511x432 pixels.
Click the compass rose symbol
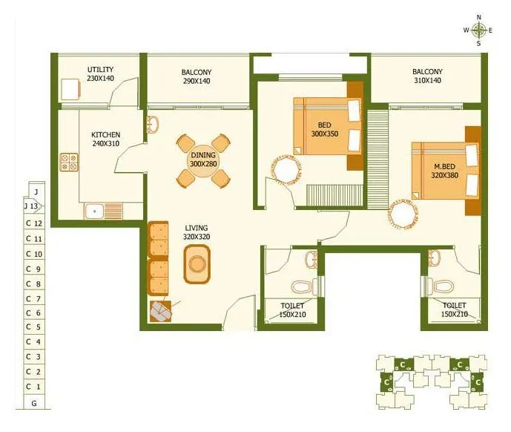pos(479,30)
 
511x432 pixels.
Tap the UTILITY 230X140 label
pos(100,73)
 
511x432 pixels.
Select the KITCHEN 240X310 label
pos(105,139)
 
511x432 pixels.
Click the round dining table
pos(202,159)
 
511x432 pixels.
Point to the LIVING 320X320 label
pos(197,232)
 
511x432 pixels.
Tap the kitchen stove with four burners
pos(69,162)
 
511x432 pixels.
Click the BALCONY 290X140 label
pos(197,76)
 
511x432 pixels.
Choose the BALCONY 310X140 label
pos(427,76)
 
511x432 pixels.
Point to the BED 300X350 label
pos(324,128)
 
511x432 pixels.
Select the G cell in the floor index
pos(33,402)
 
